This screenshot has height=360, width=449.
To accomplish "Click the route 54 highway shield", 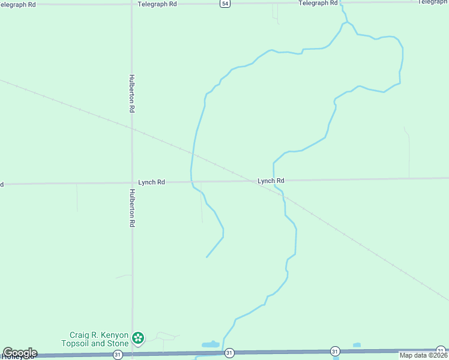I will coord(224,4).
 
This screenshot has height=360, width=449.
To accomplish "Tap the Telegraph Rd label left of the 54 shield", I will coord(157,4).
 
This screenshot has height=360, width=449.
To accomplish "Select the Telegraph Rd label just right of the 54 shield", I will coord(318,4).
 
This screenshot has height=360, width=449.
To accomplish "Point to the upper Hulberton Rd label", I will coord(131,94).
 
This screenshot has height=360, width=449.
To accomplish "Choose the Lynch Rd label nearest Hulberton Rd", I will coord(151,182).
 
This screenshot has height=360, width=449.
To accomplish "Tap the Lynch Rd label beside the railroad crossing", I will coord(271,181).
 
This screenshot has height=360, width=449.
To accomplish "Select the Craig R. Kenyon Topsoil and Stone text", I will coord(95,339).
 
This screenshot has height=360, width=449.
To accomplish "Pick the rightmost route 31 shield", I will coord(441,350).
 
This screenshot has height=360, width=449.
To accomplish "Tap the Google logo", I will coord(19,353).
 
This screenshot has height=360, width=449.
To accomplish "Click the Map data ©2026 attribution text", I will coord(424,355).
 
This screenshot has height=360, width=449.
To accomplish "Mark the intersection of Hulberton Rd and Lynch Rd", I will coord(132,182).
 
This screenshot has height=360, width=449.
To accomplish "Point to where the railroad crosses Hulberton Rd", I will coord(132,128).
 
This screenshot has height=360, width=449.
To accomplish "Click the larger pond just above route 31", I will coord(211,345).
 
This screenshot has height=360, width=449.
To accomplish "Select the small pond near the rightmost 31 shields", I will coord(357,345).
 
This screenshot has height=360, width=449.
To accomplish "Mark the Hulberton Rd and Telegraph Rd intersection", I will coord(132,4).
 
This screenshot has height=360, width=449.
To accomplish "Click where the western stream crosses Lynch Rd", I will coord(191,182).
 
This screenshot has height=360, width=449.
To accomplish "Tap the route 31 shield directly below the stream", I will coord(229,354).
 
